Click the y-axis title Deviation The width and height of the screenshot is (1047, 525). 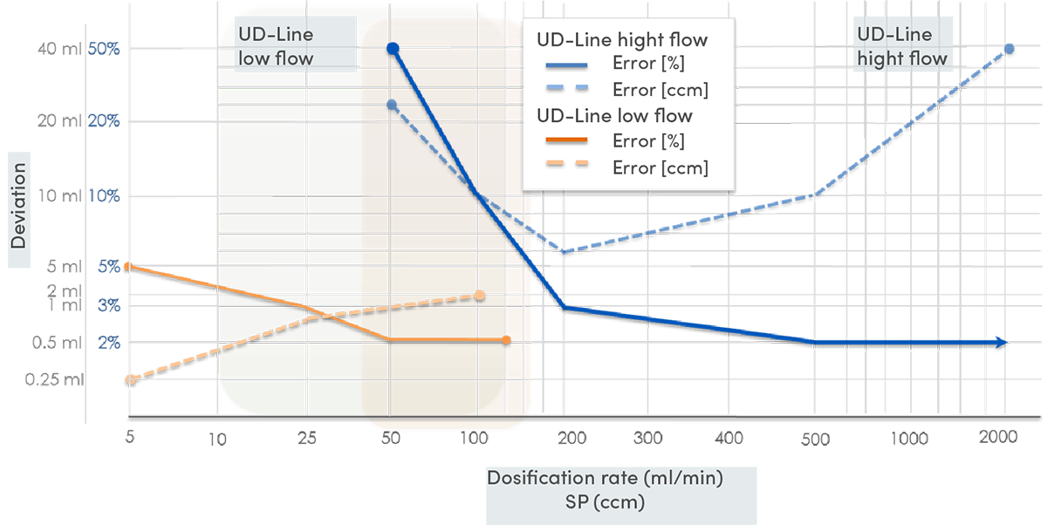click(18, 206)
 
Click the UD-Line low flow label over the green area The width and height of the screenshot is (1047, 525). click(276, 47)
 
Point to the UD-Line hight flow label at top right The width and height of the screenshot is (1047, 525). click(901, 47)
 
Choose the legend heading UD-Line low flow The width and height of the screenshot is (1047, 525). click(614, 116)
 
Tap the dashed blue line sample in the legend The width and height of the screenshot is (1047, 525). click(565, 90)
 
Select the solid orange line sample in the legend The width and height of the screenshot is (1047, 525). click(565, 141)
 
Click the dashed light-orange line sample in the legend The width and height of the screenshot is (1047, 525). click(565, 167)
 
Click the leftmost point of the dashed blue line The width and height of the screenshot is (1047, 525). click(393, 104)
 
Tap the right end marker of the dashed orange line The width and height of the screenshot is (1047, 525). click(480, 295)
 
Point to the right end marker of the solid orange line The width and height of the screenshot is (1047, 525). click(507, 339)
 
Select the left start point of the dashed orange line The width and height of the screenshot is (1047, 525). click(129, 378)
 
